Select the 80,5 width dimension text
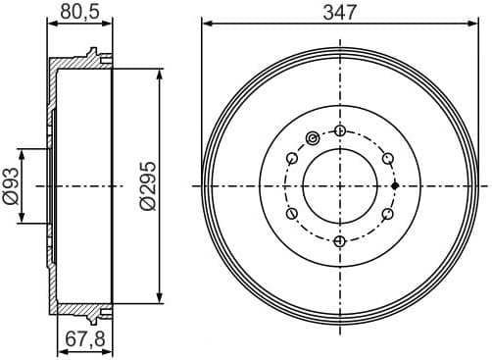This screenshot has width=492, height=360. coord(79,13)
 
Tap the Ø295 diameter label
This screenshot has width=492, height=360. coord(147,185)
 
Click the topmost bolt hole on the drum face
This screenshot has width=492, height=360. coord(339,130)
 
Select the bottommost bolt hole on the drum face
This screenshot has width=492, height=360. coord(339,240)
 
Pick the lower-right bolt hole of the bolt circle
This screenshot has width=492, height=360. coord(387,213)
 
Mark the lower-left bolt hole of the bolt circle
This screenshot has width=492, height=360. coord(291,213)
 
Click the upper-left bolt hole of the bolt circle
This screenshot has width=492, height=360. coord(291,158)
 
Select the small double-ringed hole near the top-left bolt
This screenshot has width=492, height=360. coord(313,137)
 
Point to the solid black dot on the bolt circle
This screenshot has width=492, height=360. coord(394,185)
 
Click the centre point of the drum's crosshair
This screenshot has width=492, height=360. coord(339,185)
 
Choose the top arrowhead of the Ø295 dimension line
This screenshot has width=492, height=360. coord(160,72)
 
